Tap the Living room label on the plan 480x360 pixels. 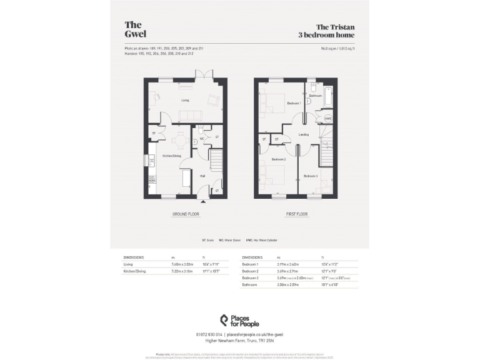point(185,100)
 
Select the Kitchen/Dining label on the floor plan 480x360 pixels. point(172,156)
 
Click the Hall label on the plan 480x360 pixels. point(202,176)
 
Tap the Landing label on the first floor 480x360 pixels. point(304,135)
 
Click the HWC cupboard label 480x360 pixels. point(327,119)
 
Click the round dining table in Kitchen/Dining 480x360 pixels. point(181,139)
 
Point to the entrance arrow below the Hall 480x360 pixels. point(202,201)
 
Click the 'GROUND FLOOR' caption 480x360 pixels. point(185,214)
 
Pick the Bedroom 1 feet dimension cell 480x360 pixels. point(330,265)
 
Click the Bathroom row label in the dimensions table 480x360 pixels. point(251,284)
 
